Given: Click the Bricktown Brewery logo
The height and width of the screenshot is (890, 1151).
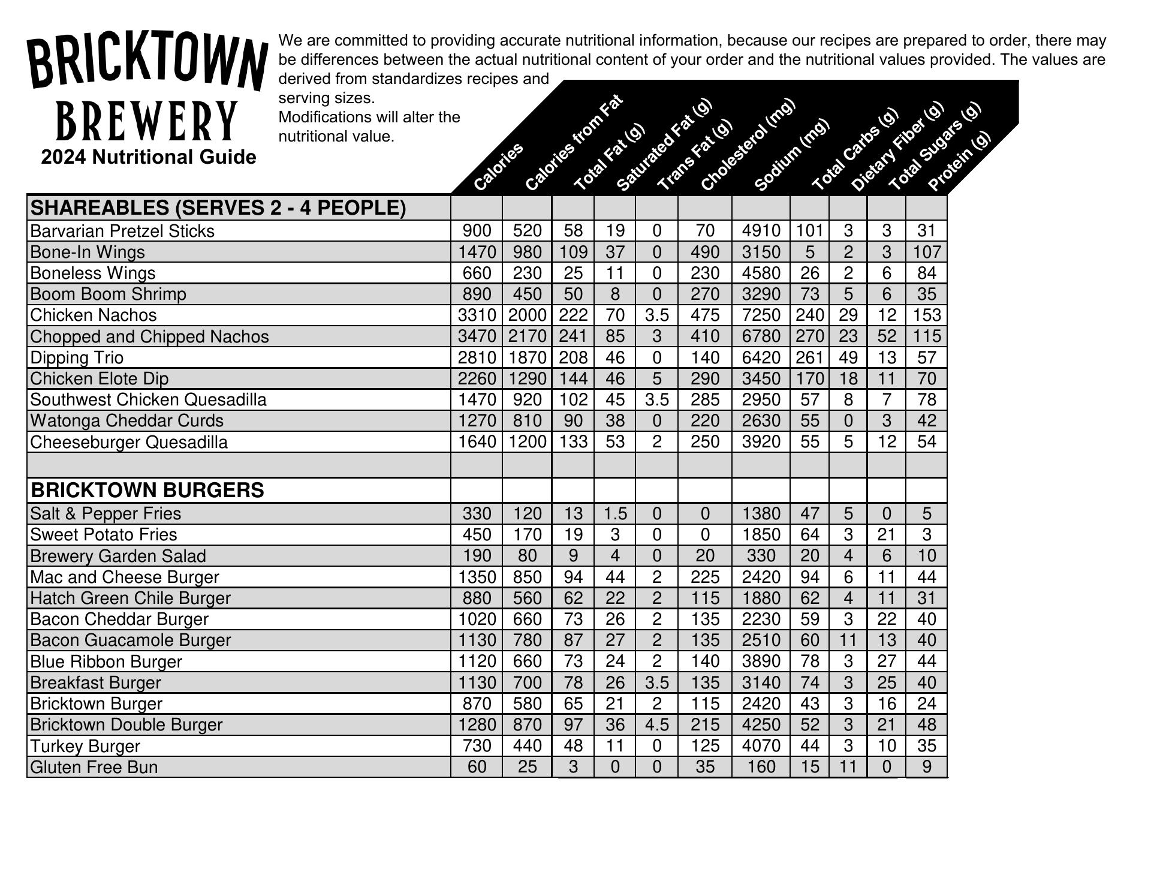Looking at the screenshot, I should click(x=147, y=89).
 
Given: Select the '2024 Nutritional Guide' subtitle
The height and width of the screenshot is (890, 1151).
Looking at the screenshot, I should click(x=149, y=157).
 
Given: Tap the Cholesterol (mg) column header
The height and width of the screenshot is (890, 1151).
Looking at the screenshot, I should click(x=747, y=145).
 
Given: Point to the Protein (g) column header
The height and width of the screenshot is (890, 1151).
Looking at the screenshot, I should click(x=959, y=162).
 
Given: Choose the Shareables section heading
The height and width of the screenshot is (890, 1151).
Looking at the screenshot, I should click(x=218, y=208).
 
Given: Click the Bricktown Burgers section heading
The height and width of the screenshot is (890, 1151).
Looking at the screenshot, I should click(x=147, y=490).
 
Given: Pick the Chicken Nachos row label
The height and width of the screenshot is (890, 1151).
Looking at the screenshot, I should click(x=94, y=315).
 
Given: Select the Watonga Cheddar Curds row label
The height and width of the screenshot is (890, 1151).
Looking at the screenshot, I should click(x=126, y=421).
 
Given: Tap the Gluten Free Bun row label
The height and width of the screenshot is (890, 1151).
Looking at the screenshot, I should click(x=94, y=767).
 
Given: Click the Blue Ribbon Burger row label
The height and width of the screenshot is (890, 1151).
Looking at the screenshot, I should click(x=106, y=662).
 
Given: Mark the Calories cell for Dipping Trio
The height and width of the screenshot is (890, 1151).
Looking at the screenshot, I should click(x=477, y=358).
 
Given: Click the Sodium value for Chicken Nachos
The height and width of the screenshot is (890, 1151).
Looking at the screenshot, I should click(x=761, y=315).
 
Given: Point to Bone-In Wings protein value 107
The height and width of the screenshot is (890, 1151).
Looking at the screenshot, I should click(x=926, y=252).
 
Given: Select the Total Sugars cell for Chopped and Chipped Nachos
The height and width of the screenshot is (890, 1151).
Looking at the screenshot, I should click(x=886, y=336).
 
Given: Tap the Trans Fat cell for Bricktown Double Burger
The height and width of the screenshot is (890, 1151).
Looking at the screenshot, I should click(x=656, y=724).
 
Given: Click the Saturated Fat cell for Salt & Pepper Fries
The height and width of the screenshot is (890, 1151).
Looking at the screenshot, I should click(x=614, y=514).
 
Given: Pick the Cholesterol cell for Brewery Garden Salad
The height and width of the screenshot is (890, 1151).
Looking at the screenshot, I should click(x=704, y=556).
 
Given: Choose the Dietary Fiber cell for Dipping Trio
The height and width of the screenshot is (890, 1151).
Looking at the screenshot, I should click(x=848, y=358).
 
